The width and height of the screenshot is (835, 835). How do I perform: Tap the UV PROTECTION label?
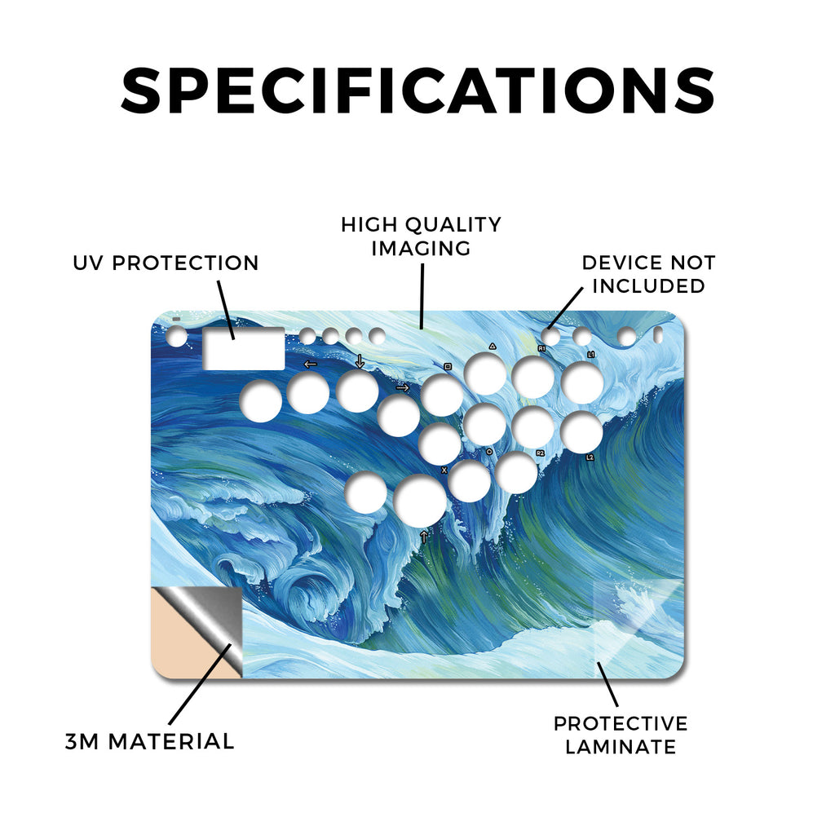tap(166, 263)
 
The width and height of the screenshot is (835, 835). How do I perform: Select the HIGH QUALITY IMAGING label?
tap(421, 236)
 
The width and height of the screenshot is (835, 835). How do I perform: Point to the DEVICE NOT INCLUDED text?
tap(648, 274)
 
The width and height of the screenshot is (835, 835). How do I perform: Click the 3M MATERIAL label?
tap(150, 741)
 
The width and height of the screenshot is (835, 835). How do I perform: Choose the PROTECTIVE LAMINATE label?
tap(621, 735)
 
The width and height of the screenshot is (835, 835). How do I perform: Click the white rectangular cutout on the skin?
tap(244, 348)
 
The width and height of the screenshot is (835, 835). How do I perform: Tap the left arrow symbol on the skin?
tap(310, 364)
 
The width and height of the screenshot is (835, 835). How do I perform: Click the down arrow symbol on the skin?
tap(360, 361)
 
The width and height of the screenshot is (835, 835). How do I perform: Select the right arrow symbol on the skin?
tap(403, 387)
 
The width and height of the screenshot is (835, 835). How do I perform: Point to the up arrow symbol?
tap(423, 537)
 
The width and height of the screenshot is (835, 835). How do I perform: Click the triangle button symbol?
tap(493, 346)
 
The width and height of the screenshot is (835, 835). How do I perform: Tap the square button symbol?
tap(448, 366)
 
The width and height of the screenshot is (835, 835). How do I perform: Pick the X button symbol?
tap(444, 471)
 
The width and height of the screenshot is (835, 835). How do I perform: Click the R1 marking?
tap(541, 348)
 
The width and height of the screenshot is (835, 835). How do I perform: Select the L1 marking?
tap(590, 354)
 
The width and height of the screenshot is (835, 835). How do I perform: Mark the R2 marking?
tap(540, 453)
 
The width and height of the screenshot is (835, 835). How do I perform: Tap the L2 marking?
tap(590, 457)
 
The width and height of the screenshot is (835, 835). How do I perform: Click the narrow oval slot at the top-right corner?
tap(658, 335)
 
